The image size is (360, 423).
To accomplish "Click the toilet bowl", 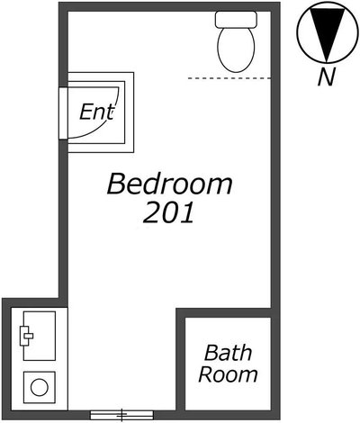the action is (x=236, y=49).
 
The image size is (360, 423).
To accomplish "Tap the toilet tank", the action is (x=236, y=19).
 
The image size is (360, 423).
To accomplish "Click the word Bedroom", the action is (x=169, y=184).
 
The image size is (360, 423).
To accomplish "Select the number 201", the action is (x=168, y=212).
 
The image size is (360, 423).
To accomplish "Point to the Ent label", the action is (x=97, y=112).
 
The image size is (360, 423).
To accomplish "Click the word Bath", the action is (x=228, y=353).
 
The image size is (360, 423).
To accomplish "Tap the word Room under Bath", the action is (x=228, y=374).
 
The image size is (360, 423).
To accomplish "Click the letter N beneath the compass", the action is (x=327, y=76).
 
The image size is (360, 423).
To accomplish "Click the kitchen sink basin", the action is (x=40, y=336).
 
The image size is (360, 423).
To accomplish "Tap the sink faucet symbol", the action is (x=26, y=336).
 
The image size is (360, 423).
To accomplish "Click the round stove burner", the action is (x=40, y=387).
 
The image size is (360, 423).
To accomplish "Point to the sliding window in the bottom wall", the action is (x=121, y=415).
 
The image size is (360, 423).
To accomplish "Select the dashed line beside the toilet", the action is (x=229, y=78).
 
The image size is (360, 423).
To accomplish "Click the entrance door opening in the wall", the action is (x=63, y=113).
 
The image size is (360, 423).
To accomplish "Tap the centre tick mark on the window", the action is (x=121, y=415).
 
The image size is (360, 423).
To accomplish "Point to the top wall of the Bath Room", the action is (x=228, y=312).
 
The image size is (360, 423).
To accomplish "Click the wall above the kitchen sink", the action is (x=34, y=302).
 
